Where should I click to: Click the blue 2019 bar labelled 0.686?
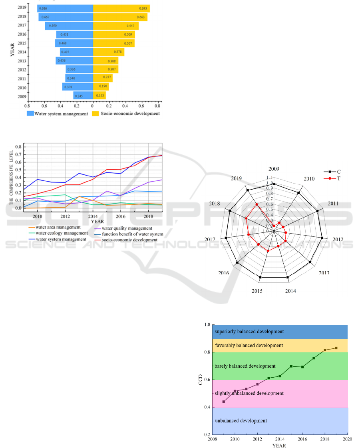click(65, 8)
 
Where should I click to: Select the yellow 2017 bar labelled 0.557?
click(115, 26)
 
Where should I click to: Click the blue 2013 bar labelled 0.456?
click(74, 61)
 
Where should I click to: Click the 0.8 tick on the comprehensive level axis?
click(18, 147)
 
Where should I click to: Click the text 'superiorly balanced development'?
click(249, 332)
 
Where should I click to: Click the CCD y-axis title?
click(202, 379)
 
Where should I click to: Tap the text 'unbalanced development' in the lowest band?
click(241, 421)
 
